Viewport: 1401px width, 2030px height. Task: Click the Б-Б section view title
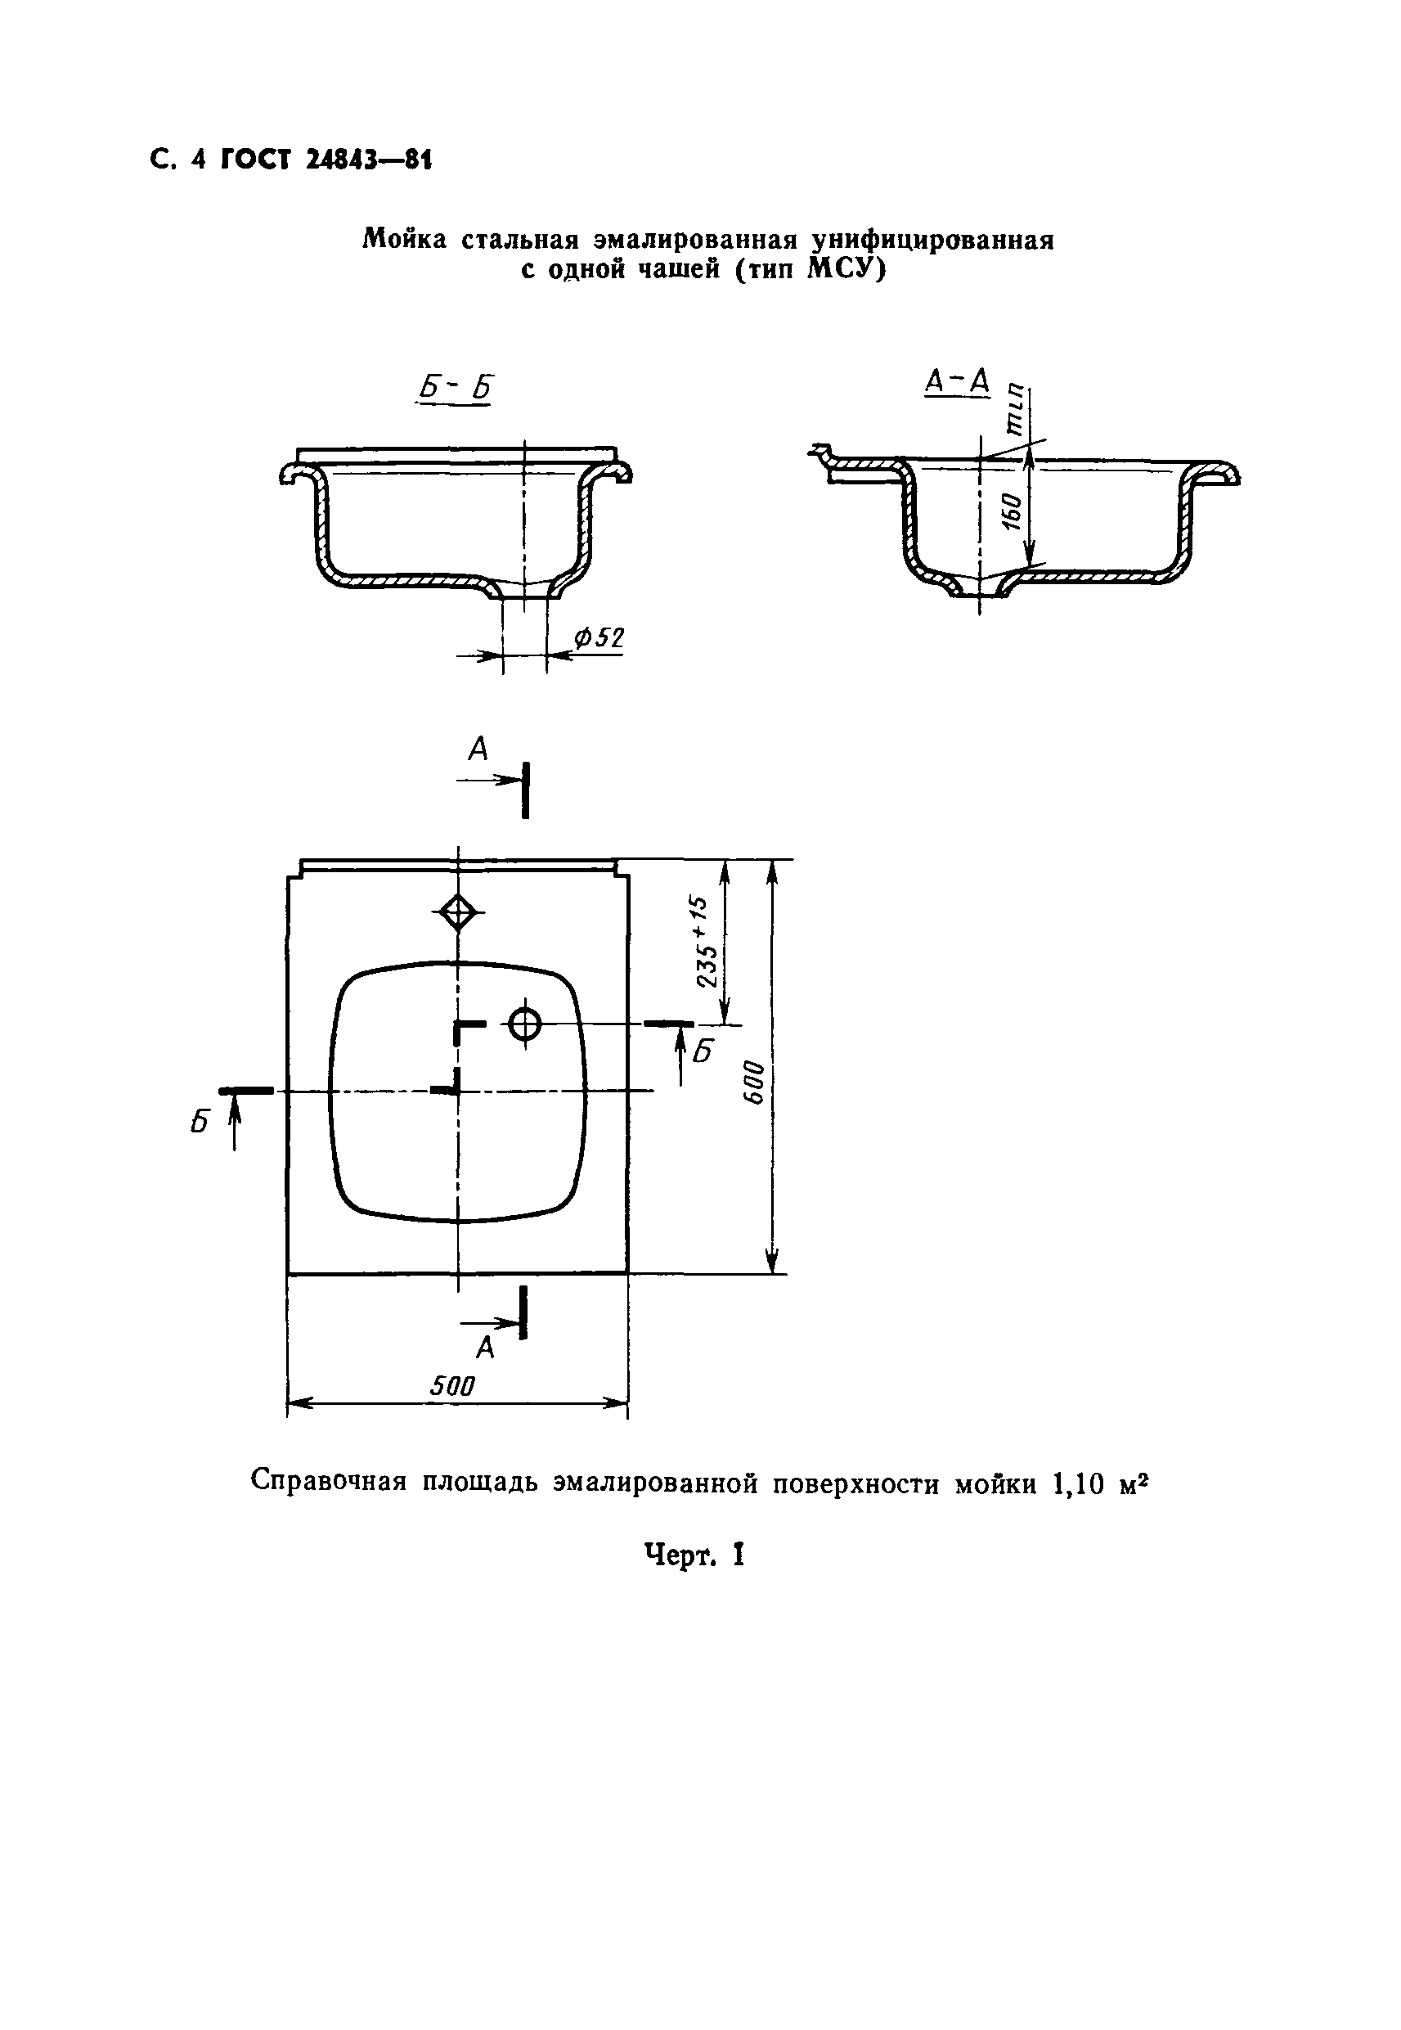pyautogui.click(x=453, y=387)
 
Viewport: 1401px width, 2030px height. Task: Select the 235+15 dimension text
pyautogui.click(x=707, y=941)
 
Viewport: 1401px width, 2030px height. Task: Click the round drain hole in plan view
pyautogui.click(x=525, y=1023)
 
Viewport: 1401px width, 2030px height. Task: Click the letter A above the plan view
pyautogui.click(x=478, y=749)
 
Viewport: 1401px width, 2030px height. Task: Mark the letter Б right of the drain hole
pyautogui.click(x=703, y=1051)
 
